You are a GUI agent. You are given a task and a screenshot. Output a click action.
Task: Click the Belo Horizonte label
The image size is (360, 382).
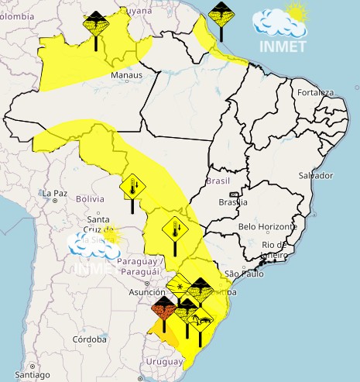click(x=268, y=226)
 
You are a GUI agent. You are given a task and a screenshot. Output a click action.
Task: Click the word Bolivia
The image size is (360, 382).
click(x=90, y=199)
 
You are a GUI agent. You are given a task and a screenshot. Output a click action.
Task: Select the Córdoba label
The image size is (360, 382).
click(x=89, y=339)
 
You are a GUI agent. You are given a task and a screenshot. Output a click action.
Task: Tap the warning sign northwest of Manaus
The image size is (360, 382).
click(x=96, y=22)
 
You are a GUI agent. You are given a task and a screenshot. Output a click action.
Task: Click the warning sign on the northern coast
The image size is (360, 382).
click(x=220, y=15)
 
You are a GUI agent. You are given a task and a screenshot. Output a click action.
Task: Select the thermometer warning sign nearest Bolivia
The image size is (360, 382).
click(x=132, y=188)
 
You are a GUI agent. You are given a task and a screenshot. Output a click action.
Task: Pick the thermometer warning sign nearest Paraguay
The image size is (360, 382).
click(x=174, y=230)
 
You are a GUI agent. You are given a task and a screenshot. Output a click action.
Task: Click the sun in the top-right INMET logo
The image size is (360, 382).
click(x=295, y=12)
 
